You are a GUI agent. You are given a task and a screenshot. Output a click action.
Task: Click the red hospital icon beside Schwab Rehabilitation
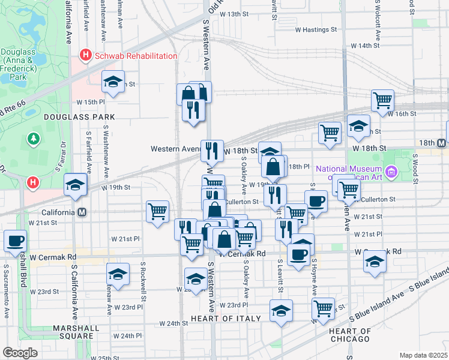(85, 56)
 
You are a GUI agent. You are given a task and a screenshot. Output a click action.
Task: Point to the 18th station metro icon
(441, 143)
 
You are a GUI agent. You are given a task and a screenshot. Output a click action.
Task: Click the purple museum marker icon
(391, 172)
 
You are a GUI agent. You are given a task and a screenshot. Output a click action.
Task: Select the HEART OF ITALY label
(226, 319)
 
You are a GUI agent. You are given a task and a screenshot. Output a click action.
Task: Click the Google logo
(20, 353)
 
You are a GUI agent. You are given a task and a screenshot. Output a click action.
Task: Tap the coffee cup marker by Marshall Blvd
(16, 241)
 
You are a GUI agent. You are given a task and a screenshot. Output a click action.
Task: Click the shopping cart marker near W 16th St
(382, 100)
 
